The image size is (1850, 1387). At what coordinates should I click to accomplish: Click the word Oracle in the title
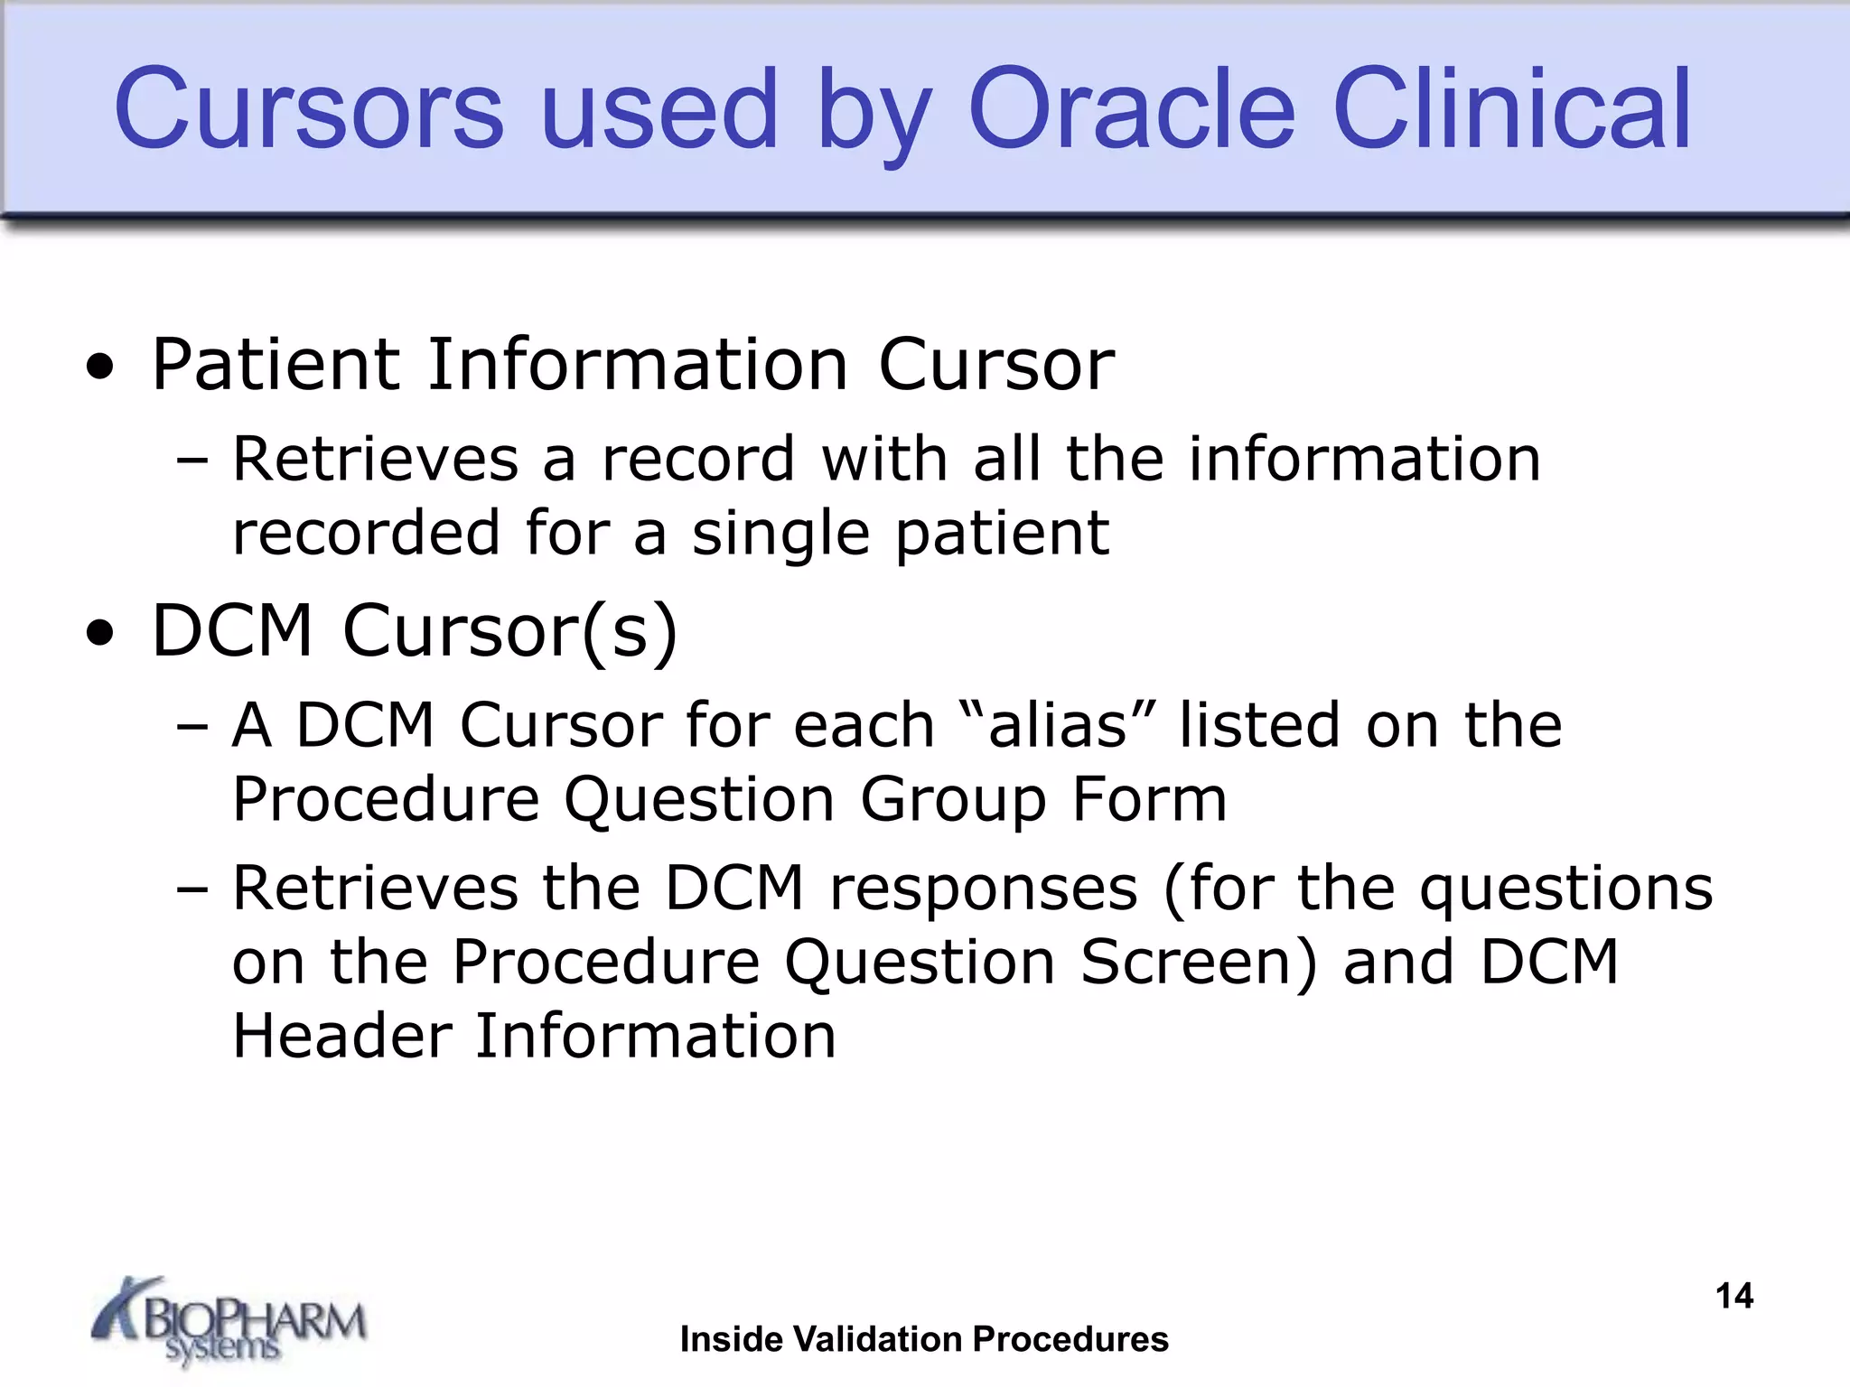point(1132,109)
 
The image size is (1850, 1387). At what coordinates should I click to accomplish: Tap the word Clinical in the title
point(1511,109)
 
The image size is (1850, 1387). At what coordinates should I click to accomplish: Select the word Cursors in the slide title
point(309,109)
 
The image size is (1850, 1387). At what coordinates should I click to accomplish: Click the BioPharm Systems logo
point(229,1321)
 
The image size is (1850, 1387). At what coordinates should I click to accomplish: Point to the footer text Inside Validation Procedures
point(924,1339)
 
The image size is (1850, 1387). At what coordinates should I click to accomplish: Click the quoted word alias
point(1059,724)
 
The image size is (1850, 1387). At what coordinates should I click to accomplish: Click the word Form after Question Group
point(1149,799)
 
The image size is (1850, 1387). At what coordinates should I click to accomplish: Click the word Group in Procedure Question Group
point(953,799)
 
